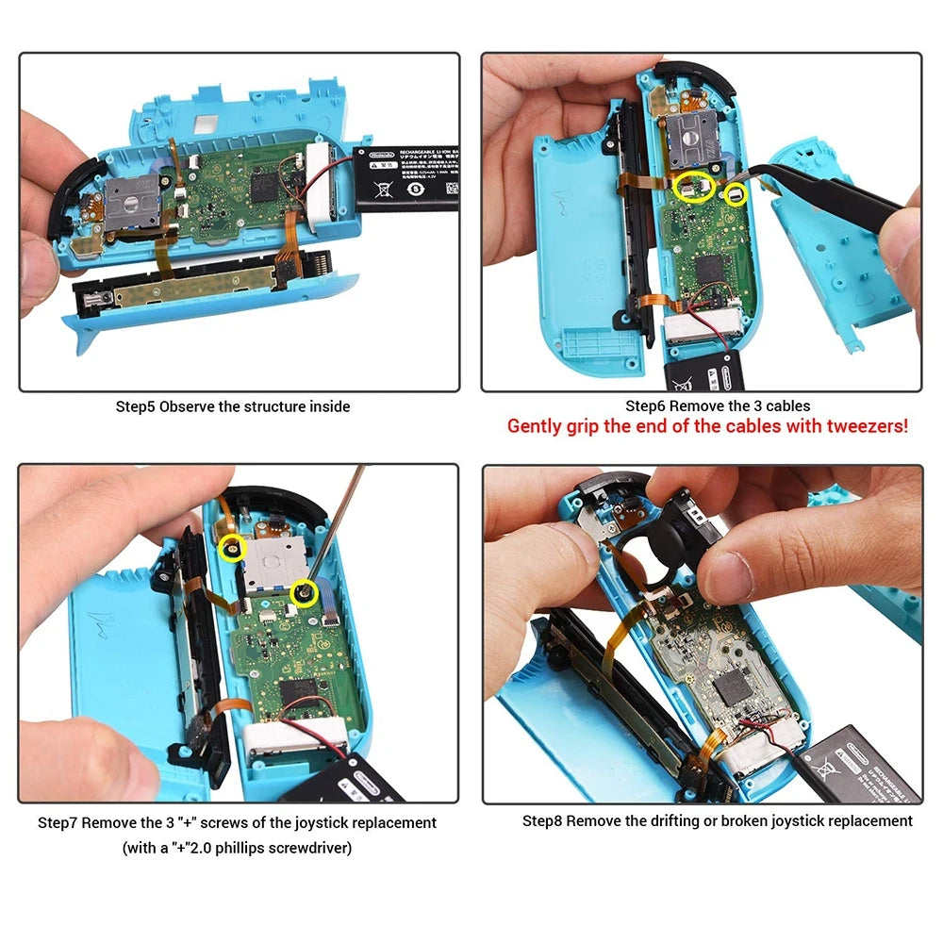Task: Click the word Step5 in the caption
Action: [x=136, y=406]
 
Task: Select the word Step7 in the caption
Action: [x=58, y=822]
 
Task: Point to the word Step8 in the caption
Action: [x=542, y=820]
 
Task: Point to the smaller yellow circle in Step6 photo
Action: [x=735, y=194]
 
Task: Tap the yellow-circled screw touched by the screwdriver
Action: [x=304, y=592]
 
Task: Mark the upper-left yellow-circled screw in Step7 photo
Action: [x=229, y=547]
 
